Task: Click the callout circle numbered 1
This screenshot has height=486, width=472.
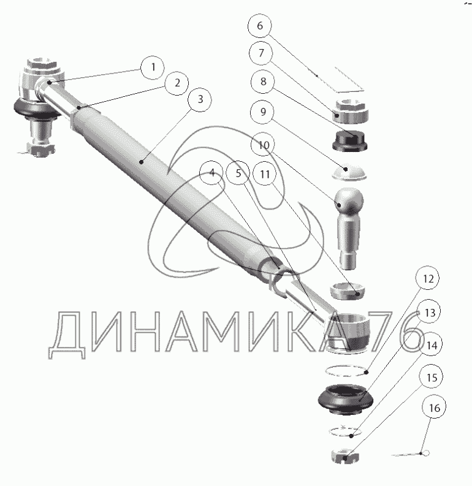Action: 152,67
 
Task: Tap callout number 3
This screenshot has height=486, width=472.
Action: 200,99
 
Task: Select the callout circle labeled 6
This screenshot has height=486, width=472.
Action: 260,25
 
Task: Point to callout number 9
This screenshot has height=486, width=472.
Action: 263,112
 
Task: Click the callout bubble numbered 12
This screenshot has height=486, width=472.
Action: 428,278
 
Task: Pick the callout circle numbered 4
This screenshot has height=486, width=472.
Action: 212,173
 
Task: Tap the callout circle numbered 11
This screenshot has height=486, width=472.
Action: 265,174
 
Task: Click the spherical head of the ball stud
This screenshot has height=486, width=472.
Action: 349,200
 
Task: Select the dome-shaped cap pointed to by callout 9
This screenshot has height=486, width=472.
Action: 349,172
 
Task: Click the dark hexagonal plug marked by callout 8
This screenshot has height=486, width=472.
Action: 350,141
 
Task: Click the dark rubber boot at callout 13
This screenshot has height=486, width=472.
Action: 345,399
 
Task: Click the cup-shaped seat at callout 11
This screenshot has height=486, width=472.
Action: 347,291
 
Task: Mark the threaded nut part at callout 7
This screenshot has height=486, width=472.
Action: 350,112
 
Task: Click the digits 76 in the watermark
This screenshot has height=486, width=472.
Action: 396,332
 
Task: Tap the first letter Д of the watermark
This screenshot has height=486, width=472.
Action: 67,335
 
